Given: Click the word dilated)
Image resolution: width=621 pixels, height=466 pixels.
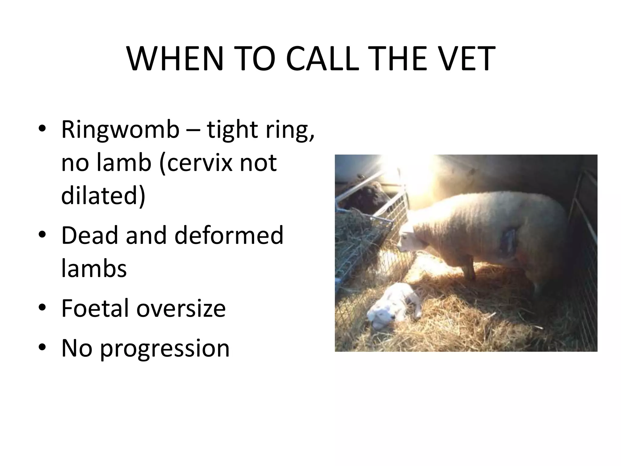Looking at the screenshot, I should pos(103,195).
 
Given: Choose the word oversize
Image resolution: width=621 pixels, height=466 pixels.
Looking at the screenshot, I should pos(181,308).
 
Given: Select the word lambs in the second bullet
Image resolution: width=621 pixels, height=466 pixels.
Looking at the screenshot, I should pos(94,268).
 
